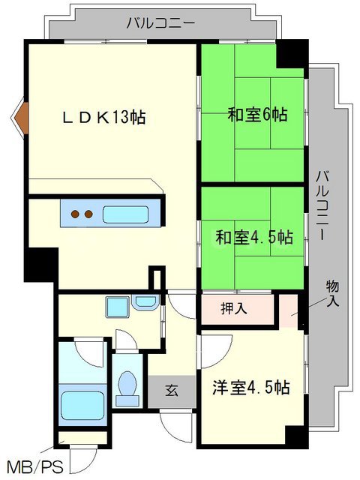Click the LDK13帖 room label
[x=104, y=117]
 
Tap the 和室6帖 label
[x=257, y=115]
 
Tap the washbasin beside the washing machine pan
[x=145, y=302]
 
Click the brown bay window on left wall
[x=20, y=117]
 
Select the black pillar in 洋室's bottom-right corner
[x=295, y=437]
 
